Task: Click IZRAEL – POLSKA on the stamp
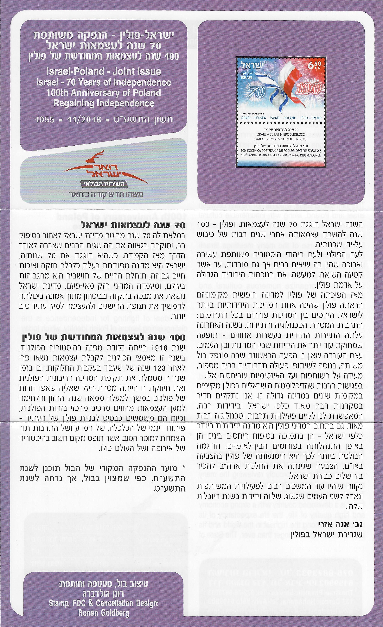pyautogui.click(x=253, y=118)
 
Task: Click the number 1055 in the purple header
pyautogui.click(x=45, y=119)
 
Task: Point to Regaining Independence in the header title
pyautogui.click(x=104, y=103)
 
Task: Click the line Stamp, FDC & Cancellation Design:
pyautogui.click(x=104, y=603)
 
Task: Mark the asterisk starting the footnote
pyautogui.click(x=183, y=468)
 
